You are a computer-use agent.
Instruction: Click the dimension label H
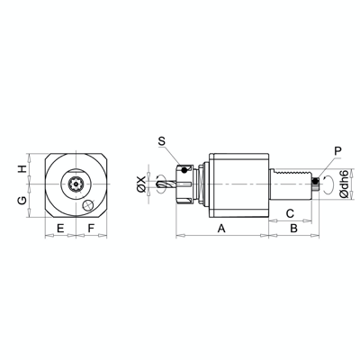coord(22,168)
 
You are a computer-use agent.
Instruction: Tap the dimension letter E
coord(60,229)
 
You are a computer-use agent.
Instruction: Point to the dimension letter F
coord(92,229)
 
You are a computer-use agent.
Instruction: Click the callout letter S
coord(161,141)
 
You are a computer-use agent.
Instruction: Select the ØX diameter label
coord(141,185)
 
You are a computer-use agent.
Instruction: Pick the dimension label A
coord(220,229)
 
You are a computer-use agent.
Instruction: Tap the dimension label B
coord(293,229)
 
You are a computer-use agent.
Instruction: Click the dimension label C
coord(291,212)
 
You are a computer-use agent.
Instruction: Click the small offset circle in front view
coord(87,206)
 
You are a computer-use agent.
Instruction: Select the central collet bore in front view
coord(76,187)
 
